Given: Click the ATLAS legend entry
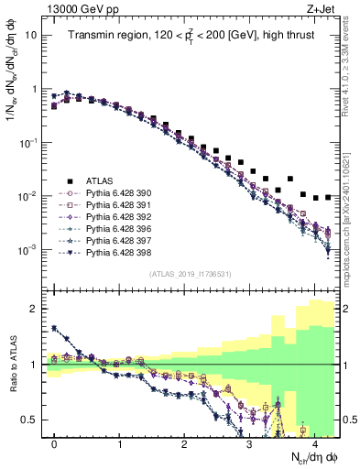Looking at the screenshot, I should [96, 181].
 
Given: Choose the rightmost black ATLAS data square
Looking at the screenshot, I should [328, 197].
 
